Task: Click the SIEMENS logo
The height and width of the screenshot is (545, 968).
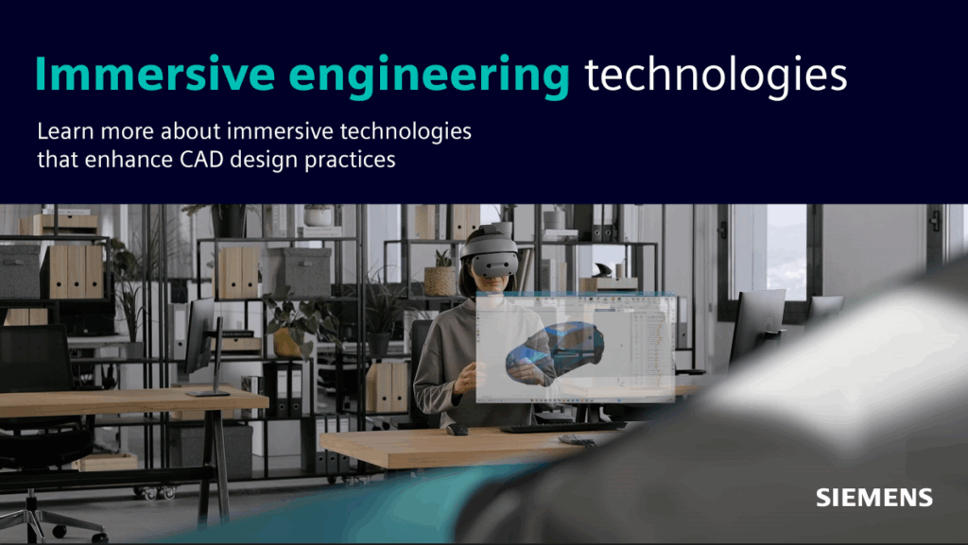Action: click(x=873, y=498)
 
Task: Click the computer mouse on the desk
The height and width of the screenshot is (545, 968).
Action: click(x=458, y=430)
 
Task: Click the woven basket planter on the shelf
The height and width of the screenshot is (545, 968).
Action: click(x=440, y=280)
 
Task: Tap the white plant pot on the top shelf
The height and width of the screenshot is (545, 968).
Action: click(x=318, y=216)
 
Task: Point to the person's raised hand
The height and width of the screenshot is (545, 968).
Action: click(x=465, y=378)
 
